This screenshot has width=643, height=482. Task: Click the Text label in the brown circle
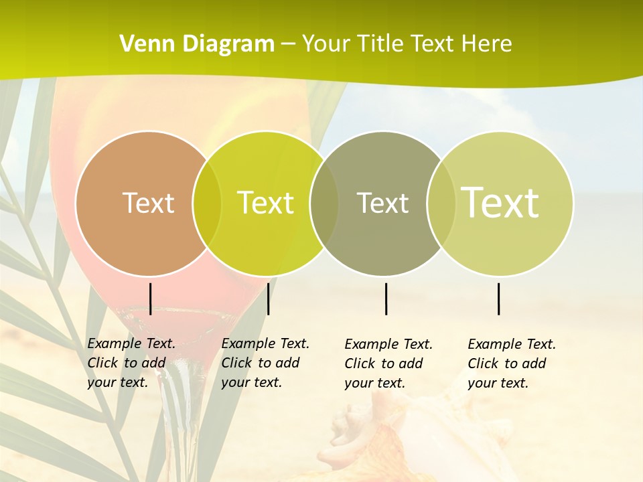click(149, 203)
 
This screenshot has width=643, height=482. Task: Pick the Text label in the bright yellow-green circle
click(266, 203)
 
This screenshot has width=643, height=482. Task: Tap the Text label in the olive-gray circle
click(383, 203)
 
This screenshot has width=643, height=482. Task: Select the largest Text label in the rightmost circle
click(500, 203)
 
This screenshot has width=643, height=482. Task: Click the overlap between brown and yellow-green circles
click(207, 204)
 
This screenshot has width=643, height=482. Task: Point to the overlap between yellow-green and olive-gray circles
click(324, 204)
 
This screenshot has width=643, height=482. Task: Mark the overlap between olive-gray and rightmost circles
click(440, 204)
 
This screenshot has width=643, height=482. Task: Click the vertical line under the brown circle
click(150, 299)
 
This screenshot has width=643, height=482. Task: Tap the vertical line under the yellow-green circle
click(268, 299)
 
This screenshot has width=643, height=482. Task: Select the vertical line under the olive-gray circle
click(386, 299)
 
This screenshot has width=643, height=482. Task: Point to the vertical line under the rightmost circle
click(498, 299)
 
